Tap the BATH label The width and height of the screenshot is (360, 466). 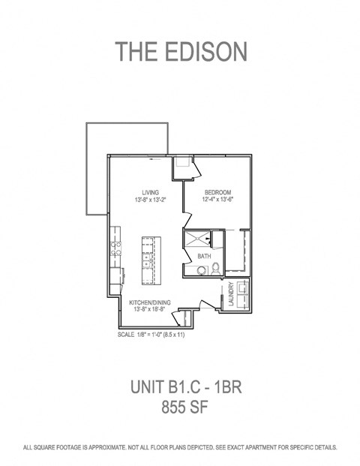[x=204, y=257]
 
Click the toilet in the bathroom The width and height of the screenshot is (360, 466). [x=216, y=269]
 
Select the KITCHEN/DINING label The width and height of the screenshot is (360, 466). [x=151, y=302]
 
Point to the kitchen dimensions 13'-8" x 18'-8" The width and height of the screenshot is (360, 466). [x=151, y=310]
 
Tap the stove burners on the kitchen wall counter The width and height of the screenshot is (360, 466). [x=115, y=245]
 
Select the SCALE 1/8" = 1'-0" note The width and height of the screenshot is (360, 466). [x=151, y=334]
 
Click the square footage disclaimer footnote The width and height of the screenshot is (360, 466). [x=180, y=447]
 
